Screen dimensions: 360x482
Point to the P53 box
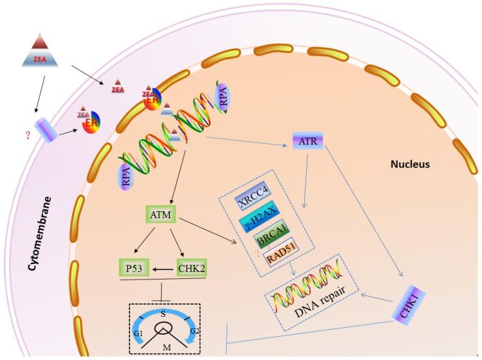pyautogui.click(x=132, y=265)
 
